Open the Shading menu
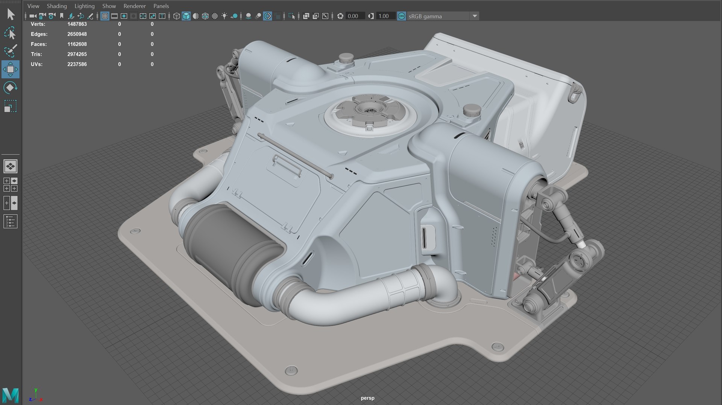coord(56,6)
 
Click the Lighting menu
coord(84,6)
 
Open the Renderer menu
coord(134,6)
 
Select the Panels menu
coord(161,6)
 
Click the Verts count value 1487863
coord(77,24)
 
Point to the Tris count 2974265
coord(77,54)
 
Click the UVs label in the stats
coord(36,64)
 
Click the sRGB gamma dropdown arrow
coord(475,16)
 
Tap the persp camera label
coord(367,398)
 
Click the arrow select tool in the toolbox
coord(11,14)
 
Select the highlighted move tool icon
coord(11,69)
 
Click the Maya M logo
coord(11,395)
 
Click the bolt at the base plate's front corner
coord(291,370)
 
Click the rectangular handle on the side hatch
coord(287,166)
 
